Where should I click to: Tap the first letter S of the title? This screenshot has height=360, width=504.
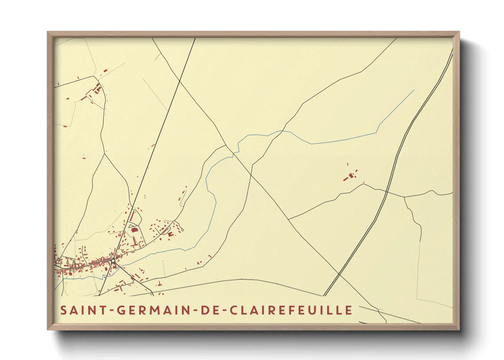(x=63, y=310)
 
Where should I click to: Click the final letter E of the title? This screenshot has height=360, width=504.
(x=349, y=310)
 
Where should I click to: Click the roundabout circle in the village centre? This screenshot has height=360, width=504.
(x=113, y=261)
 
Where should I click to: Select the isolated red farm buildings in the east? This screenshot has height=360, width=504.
(x=351, y=176)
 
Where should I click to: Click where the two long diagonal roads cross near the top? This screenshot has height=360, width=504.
(x=179, y=81)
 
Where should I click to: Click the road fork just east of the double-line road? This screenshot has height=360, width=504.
(x=404, y=197)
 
